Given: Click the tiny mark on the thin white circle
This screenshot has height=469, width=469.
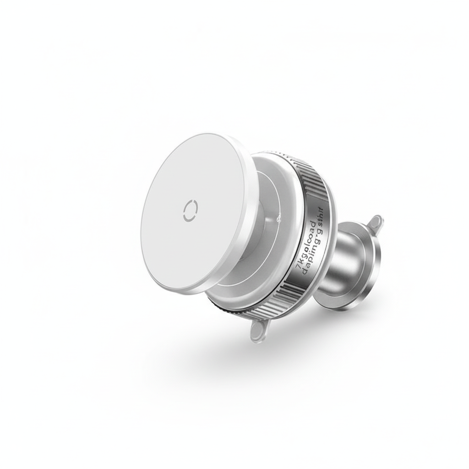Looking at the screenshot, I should [278, 221].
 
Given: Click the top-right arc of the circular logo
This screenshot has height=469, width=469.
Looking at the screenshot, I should [195, 205].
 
